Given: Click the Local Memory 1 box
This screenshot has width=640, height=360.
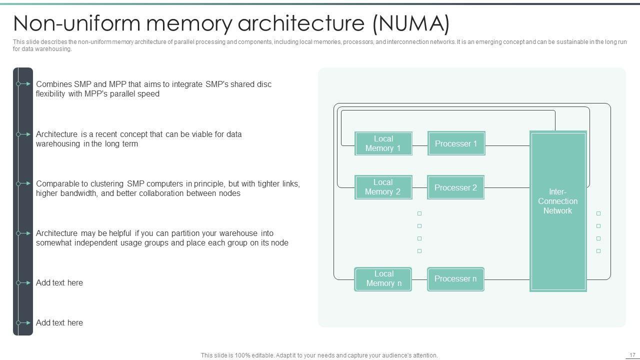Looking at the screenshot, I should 383,143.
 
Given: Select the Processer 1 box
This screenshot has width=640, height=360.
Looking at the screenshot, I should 456,143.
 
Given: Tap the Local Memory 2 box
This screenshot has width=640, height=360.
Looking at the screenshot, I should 383,187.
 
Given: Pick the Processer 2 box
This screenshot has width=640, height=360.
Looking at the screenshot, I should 455,187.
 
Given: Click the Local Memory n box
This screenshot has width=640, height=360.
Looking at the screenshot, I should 383,279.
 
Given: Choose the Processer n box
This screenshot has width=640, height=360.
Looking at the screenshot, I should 455,279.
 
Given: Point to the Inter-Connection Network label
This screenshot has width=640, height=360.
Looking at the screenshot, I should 557,201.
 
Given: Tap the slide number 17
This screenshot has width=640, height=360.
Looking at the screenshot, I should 632,355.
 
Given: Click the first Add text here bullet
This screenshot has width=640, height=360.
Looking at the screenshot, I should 59,283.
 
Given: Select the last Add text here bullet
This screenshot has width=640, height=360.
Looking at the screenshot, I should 59,323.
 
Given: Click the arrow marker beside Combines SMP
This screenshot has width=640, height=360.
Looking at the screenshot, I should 23,84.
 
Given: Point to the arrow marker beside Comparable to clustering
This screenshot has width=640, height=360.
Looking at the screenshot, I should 23,183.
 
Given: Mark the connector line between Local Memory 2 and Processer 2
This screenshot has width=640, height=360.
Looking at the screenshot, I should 420,187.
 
